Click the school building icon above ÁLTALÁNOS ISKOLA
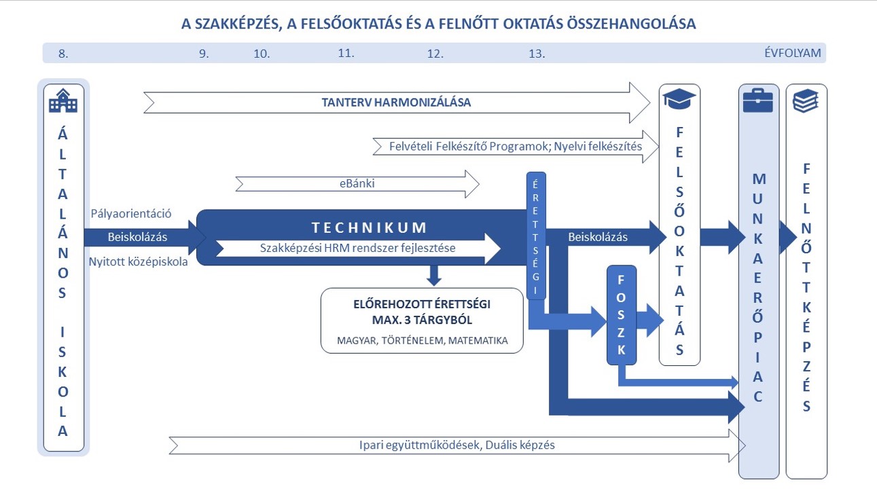tap(63, 100)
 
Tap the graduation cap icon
tap(679, 99)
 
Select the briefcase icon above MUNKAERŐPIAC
tap(758, 100)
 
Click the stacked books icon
tap(806, 101)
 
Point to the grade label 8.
tap(63, 54)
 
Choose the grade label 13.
tap(537, 54)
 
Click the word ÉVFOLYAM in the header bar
tap(793, 53)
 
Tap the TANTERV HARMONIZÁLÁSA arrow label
tap(396, 103)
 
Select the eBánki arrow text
tap(357, 183)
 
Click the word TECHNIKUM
tap(369, 227)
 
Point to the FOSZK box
tap(622, 315)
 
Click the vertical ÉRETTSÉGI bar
tap(536, 236)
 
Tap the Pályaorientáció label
tap(131, 214)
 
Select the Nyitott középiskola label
tap(138, 261)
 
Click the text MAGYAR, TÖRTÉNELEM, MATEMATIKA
tap(422, 340)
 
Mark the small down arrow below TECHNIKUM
tap(434, 276)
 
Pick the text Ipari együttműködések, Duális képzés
tap(457, 445)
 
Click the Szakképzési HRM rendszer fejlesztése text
tap(358, 248)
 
